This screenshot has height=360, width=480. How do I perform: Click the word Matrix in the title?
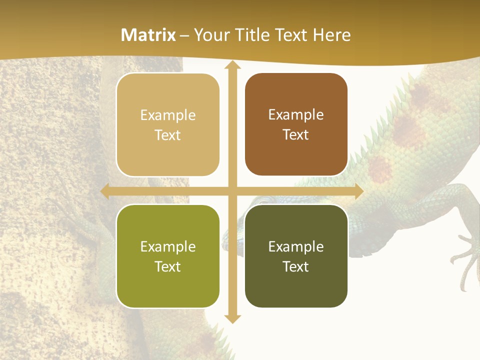click(x=148, y=35)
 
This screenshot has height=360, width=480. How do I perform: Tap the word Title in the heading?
click(x=249, y=35)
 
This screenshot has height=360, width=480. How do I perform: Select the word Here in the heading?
click(x=331, y=35)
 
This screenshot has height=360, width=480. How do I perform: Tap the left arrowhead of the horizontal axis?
click(x=105, y=191)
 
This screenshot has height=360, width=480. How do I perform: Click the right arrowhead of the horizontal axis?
click(x=358, y=191)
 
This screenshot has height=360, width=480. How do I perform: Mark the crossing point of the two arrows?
click(x=232, y=191)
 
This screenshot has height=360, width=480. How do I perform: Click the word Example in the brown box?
click(x=296, y=114)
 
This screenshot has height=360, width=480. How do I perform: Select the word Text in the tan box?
click(x=168, y=135)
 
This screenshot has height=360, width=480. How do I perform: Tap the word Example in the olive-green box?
click(x=168, y=246)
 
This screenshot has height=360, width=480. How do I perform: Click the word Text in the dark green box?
click(x=296, y=266)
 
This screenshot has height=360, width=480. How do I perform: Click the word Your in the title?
click(x=211, y=35)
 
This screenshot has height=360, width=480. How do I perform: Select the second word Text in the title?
click(x=291, y=35)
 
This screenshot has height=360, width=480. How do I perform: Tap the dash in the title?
click(x=184, y=35)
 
